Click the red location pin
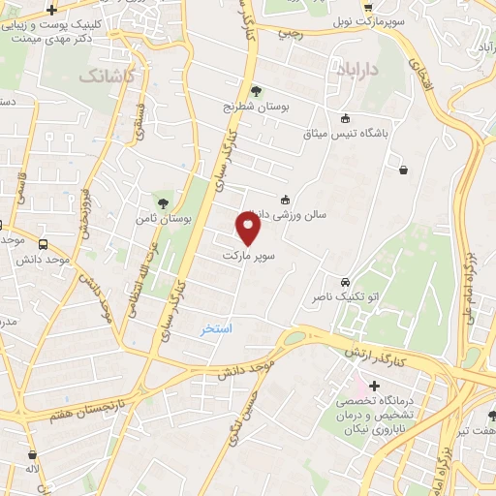pos(249,228)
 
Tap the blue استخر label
pos(217,328)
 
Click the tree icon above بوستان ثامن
pos(163,202)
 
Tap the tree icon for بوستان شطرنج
pos(256,91)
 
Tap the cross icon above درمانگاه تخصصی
pos(375,386)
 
